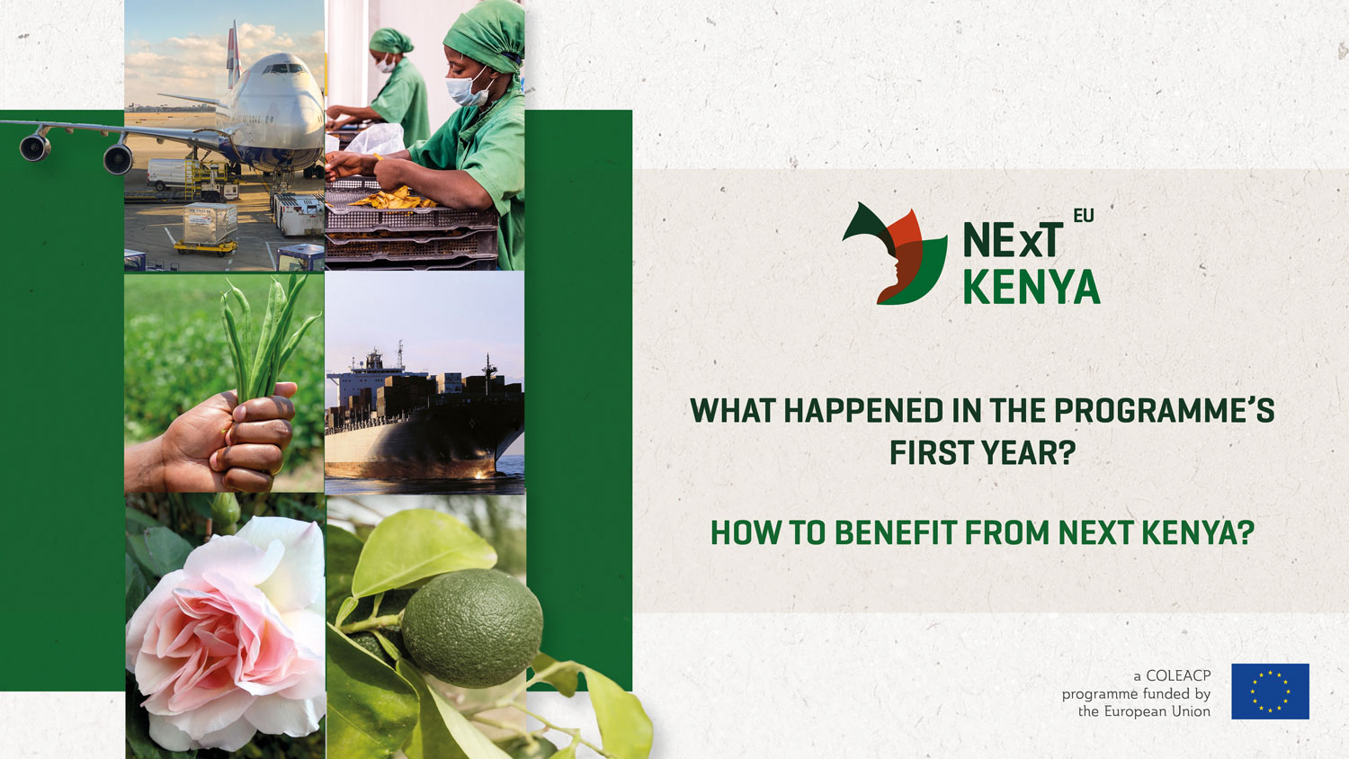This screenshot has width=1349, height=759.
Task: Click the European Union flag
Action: [x=1270, y=691]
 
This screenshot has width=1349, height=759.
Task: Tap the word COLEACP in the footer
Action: [x=1178, y=676]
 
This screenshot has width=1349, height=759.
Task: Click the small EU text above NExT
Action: [x=1084, y=216]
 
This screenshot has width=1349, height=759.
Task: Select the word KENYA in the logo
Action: [x=1032, y=288]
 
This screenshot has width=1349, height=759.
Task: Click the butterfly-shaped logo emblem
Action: [x=895, y=254]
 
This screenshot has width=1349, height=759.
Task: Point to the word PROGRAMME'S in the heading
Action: [x=1164, y=411]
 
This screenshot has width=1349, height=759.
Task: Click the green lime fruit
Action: [x=472, y=629]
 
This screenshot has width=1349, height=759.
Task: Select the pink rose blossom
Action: [x=226, y=636]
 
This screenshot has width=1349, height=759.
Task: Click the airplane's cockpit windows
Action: [x=283, y=68]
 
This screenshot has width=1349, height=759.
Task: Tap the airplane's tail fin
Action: [x=234, y=53]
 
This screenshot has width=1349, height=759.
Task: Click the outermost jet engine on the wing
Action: [x=35, y=147]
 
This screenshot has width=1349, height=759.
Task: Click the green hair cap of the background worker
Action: [x=390, y=41]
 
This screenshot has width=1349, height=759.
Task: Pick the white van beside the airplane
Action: [x=171, y=174]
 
